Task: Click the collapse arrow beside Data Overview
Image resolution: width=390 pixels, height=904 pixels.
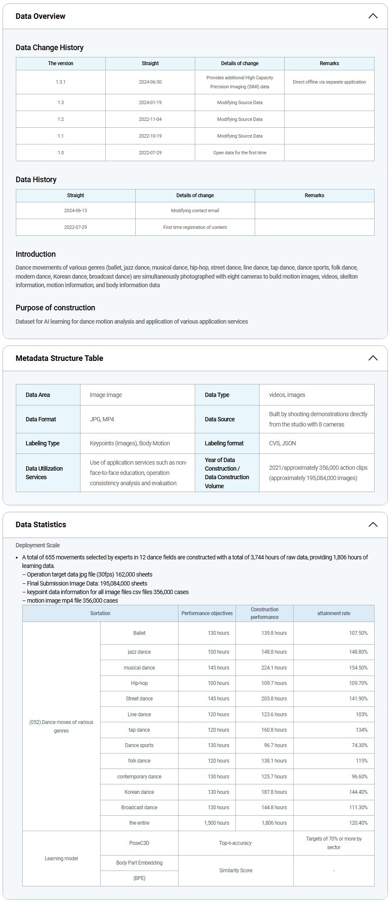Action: pyautogui.click(x=373, y=16)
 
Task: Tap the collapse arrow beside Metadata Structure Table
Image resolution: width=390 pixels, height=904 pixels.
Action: pyautogui.click(x=373, y=358)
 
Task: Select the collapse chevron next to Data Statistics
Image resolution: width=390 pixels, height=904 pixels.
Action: pyautogui.click(x=373, y=525)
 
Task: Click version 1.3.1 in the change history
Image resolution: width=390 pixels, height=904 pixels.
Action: pyautogui.click(x=61, y=82)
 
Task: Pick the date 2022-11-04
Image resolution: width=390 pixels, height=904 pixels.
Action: pyautogui.click(x=150, y=119)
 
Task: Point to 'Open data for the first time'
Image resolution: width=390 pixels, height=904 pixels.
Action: pyautogui.click(x=240, y=153)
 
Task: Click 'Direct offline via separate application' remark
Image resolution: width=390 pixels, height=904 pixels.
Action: pyautogui.click(x=329, y=82)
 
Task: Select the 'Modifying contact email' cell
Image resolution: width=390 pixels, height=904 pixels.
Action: pyautogui.click(x=195, y=210)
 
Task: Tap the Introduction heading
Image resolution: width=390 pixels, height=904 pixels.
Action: pyautogui.click(x=36, y=254)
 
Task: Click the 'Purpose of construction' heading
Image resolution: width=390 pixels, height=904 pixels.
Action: pyautogui.click(x=55, y=308)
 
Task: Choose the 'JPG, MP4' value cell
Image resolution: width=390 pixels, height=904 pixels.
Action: pyautogui.click(x=102, y=419)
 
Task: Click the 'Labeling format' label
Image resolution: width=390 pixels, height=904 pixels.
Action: pyautogui.click(x=224, y=443)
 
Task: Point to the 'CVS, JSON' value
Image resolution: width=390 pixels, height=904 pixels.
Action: pyautogui.click(x=283, y=443)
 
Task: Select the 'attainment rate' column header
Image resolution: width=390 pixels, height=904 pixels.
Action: pyautogui.click(x=333, y=613)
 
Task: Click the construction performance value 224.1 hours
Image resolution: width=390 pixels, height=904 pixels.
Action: pyautogui.click(x=274, y=668)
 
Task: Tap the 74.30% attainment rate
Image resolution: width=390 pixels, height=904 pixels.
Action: pyautogui.click(x=360, y=745)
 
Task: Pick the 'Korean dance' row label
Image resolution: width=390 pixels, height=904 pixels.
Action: pyautogui.click(x=139, y=792)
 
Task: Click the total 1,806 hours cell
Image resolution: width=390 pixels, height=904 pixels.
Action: pyautogui.click(x=274, y=823)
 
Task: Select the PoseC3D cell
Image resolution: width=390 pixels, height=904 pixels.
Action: pyautogui.click(x=139, y=843)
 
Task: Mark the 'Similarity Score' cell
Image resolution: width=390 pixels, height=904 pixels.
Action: pyautogui.click(x=235, y=871)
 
